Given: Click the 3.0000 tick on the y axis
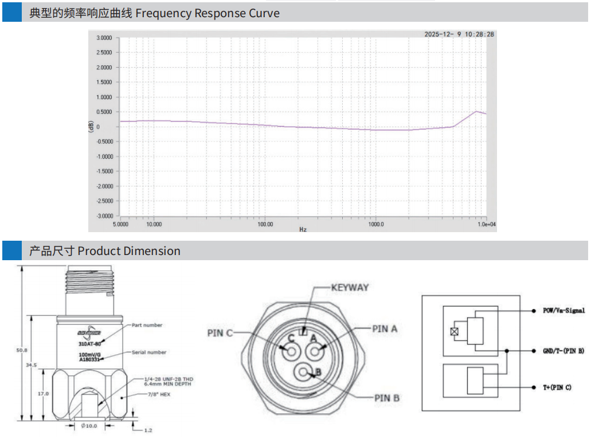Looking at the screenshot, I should (104, 38).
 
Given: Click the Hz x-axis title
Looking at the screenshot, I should (303, 230).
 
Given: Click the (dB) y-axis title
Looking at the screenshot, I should (91, 127).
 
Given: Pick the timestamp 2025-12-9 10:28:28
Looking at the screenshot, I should (459, 34).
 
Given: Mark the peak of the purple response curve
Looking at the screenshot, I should (476, 112).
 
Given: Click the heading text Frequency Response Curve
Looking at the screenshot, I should (207, 13).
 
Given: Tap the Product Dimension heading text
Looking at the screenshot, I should (129, 251).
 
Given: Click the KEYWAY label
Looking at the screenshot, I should (350, 288).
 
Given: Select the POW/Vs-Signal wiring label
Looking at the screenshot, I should (564, 311).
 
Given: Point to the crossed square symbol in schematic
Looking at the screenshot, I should (454, 331).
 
